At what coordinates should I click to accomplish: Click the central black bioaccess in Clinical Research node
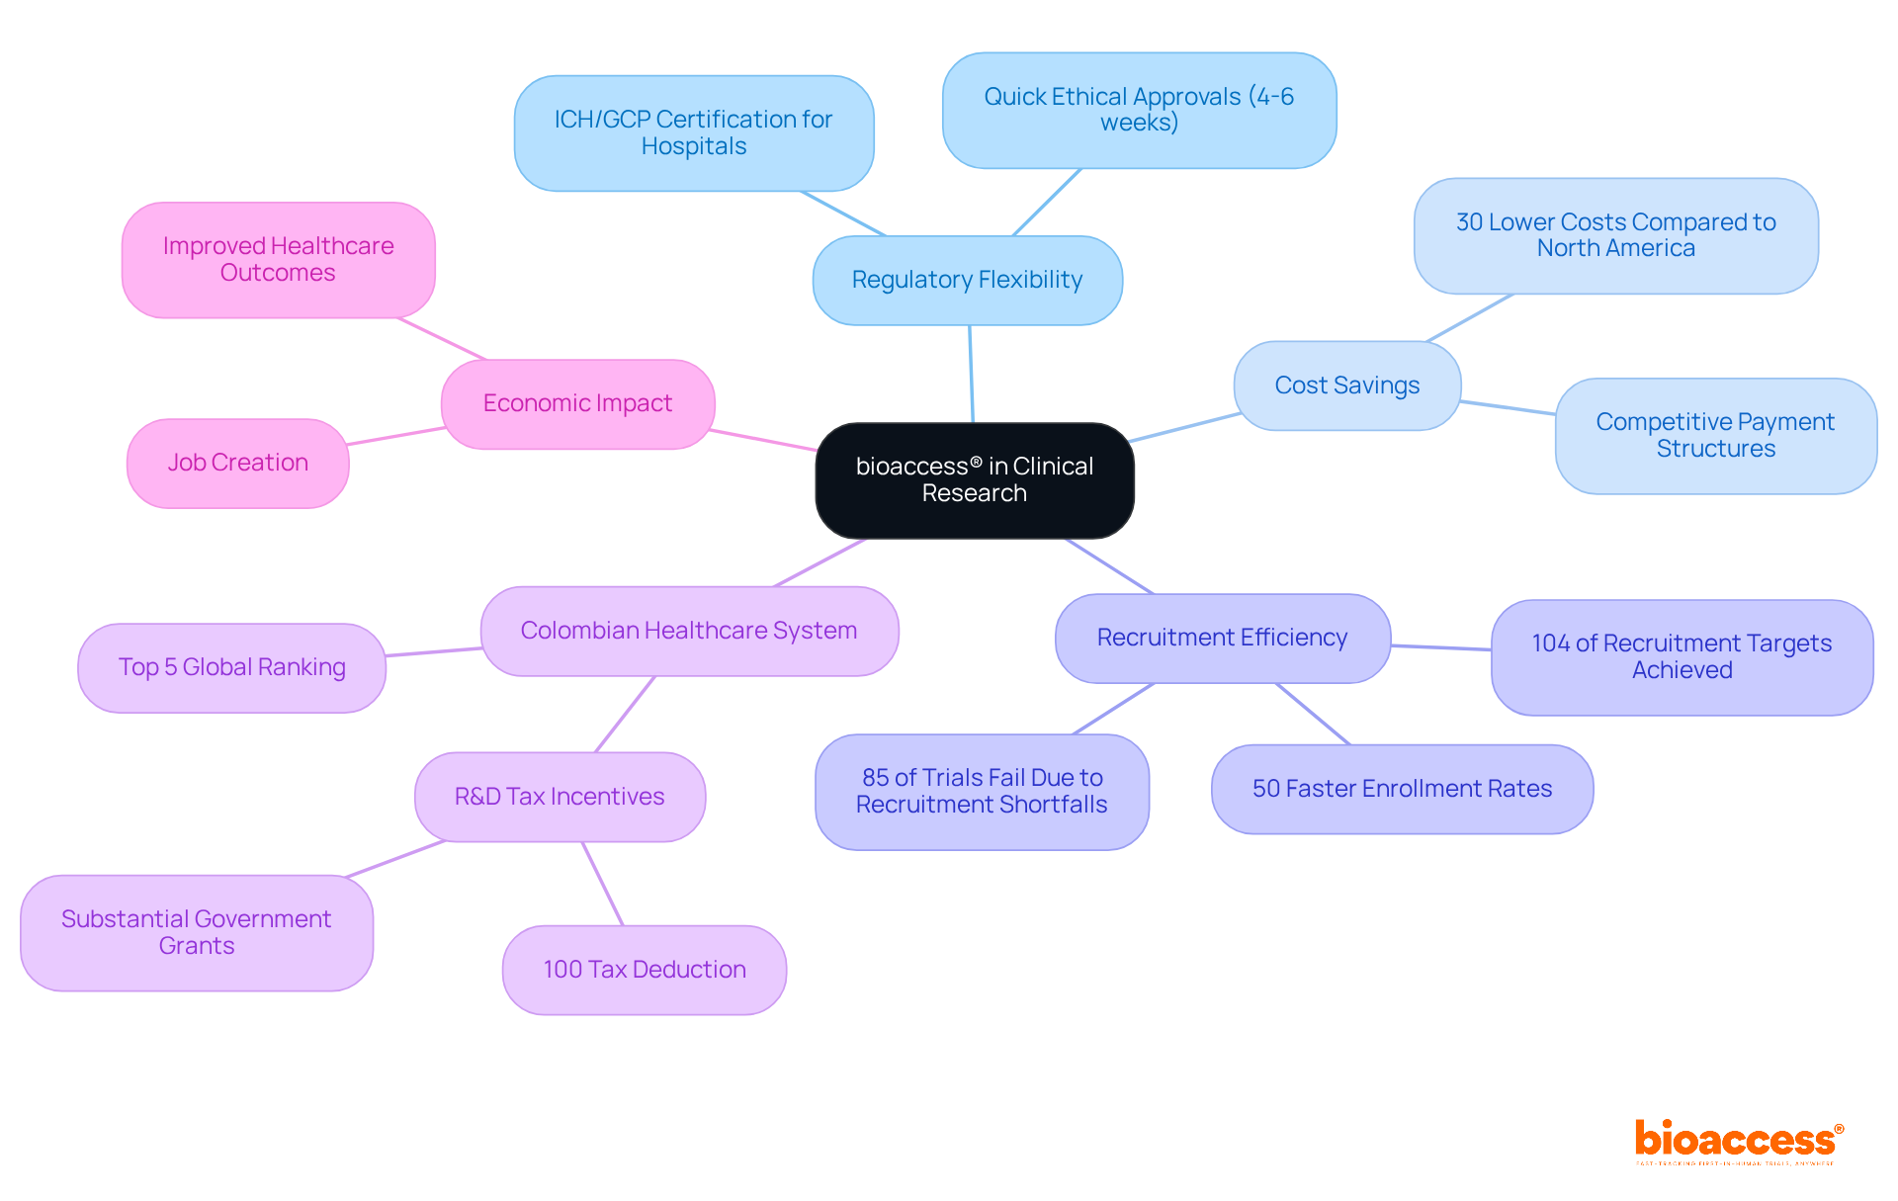pyautogui.click(x=974, y=480)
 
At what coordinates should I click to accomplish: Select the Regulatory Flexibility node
pyautogui.click(x=967, y=280)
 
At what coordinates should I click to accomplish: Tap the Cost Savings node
pyautogui.click(x=1346, y=386)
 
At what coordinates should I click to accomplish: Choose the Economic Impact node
pyautogui.click(x=577, y=403)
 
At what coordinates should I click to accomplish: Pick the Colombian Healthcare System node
pyautogui.click(x=688, y=631)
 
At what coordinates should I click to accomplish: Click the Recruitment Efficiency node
pyautogui.click(x=1222, y=638)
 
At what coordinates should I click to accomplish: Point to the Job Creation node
pyautogui.click(x=237, y=463)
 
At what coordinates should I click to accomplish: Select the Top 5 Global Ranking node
pyautogui.click(x=231, y=667)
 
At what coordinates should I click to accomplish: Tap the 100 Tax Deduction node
pyautogui.click(x=644, y=970)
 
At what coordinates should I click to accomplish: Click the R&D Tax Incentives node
pyautogui.click(x=560, y=797)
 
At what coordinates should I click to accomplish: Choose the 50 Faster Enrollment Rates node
pyautogui.click(x=1402, y=789)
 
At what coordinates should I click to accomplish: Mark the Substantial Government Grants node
pyautogui.click(x=196, y=932)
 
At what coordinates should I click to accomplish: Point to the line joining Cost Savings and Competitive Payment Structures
pyautogui.click(x=1508, y=407)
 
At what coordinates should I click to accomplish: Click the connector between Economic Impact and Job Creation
pyautogui.click(x=395, y=436)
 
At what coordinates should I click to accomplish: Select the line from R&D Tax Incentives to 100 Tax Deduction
pyautogui.click(x=603, y=884)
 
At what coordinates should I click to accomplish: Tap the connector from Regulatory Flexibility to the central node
pyautogui.click(x=971, y=374)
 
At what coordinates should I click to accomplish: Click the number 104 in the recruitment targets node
pyautogui.click(x=1550, y=643)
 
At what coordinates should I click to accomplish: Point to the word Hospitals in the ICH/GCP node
pyautogui.click(x=693, y=146)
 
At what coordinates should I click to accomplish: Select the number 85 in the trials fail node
pyautogui.click(x=875, y=778)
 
